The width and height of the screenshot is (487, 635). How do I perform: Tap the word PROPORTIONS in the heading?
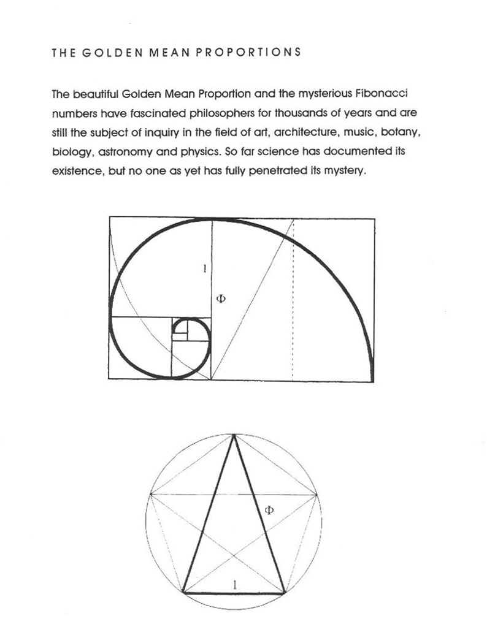pyautogui.click(x=248, y=52)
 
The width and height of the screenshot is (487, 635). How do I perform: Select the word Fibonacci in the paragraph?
pyautogui.click(x=383, y=94)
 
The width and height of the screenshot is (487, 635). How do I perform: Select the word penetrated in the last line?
pyautogui.click(x=274, y=170)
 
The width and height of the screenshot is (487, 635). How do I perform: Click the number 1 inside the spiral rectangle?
pyautogui.click(x=204, y=268)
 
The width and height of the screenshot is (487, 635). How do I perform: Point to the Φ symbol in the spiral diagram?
pyautogui.click(x=221, y=298)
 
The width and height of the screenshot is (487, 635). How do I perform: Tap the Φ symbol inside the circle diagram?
pyautogui.click(x=268, y=510)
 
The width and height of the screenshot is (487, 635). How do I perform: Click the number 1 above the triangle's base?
pyautogui.click(x=235, y=585)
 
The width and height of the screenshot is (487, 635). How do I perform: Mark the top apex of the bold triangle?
pyautogui.click(x=234, y=435)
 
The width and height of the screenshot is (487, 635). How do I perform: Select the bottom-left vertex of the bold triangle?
pyautogui.click(x=183, y=593)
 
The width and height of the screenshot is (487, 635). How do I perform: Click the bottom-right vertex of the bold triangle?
pyautogui.click(x=284, y=593)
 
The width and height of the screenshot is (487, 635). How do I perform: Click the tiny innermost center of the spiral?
pyautogui.click(x=184, y=333)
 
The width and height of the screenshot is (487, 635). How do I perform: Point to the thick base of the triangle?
pyautogui.click(x=234, y=593)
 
